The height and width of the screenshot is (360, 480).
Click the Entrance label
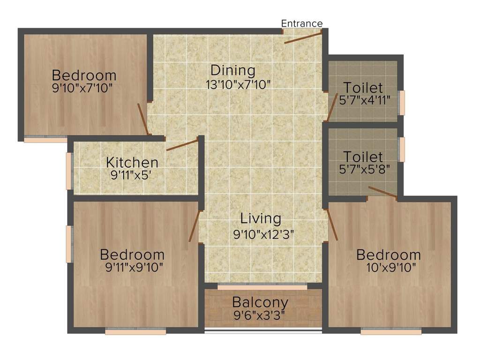tap(301, 23)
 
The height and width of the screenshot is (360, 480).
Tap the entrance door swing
tap(303, 37)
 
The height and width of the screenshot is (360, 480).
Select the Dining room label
tap(232, 71)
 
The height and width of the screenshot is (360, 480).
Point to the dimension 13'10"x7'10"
tap(238, 85)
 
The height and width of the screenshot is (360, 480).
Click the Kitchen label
tap(132, 163)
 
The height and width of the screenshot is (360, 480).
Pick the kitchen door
tap(182, 145)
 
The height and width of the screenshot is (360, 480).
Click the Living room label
tap(261, 218)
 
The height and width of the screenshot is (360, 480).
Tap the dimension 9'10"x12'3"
tap(263, 234)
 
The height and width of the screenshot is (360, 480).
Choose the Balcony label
tap(260, 302)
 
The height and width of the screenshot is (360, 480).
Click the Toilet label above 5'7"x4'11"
tap(363, 88)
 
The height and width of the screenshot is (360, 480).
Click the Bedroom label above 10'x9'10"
tap(389, 255)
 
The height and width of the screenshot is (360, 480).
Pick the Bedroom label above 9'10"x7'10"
tap(84, 75)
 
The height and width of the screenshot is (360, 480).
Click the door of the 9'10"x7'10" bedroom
tap(142, 119)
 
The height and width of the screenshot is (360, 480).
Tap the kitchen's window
tap(69, 171)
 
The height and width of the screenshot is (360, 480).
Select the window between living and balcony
tap(262, 285)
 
